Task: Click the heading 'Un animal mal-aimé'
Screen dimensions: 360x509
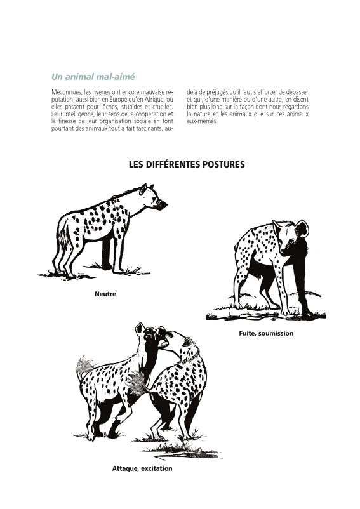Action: tap(93, 77)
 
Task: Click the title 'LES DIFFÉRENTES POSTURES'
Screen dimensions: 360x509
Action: tap(187, 164)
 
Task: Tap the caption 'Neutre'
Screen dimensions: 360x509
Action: tap(105, 294)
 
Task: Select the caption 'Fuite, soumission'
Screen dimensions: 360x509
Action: tap(266, 333)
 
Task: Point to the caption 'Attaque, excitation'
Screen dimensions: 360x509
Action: tap(142, 469)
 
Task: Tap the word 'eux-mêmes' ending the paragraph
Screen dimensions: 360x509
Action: tap(201, 121)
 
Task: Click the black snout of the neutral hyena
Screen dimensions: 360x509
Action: tap(161, 205)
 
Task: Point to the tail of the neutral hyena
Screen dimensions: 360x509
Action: tap(64, 237)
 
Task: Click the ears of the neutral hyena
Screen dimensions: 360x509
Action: tap(145, 188)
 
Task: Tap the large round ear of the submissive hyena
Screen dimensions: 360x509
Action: tap(301, 228)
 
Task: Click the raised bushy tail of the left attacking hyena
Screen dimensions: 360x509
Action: tap(84, 366)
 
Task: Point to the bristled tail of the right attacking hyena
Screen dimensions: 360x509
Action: tap(138, 383)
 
